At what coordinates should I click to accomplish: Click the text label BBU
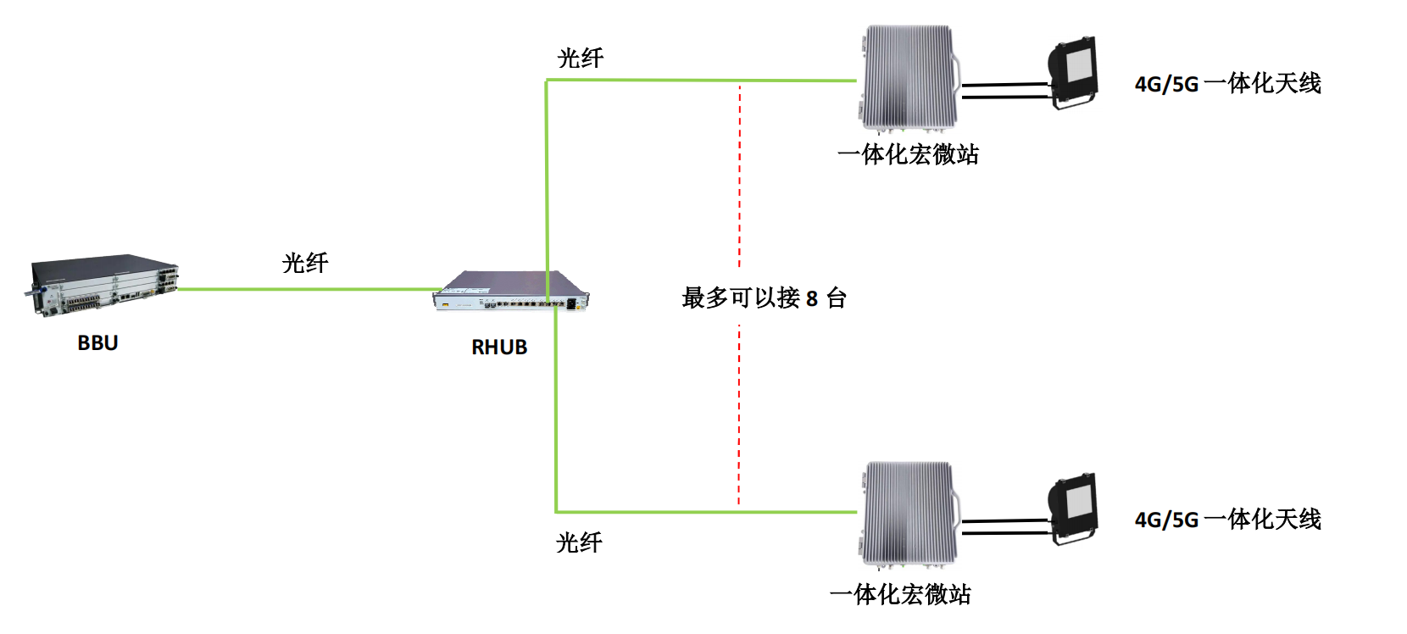pos(97,343)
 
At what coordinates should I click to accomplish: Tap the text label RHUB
pos(499,348)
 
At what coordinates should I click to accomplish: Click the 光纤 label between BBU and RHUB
pos(305,263)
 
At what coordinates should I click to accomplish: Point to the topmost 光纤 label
pos(581,58)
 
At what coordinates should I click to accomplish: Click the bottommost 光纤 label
pos(579,542)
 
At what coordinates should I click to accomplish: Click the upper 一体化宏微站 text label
pos(908,154)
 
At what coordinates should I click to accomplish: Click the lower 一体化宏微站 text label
pos(900,594)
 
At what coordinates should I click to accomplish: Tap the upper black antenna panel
pos(1074,72)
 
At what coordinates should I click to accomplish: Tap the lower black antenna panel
pos(1074,509)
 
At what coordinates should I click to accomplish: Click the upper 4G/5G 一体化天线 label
pos(1227,84)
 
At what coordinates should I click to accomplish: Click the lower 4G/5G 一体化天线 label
pos(1227,520)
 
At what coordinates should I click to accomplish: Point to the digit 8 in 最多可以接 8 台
pos(812,299)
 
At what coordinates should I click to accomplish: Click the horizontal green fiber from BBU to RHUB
pos(305,289)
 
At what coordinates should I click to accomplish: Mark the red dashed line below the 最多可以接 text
pos(739,415)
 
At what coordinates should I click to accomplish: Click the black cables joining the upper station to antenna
pos(1005,90)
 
